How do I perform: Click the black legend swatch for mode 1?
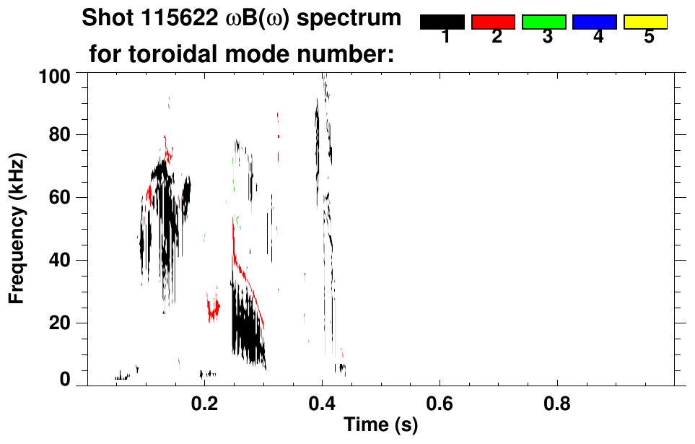point(442,22)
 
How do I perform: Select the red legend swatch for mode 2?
point(493,22)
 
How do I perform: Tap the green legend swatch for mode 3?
point(543,22)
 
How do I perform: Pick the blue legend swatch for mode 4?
point(594,22)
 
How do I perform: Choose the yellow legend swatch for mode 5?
point(645,22)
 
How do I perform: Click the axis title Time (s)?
point(380,425)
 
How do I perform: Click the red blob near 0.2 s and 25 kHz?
point(213,310)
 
